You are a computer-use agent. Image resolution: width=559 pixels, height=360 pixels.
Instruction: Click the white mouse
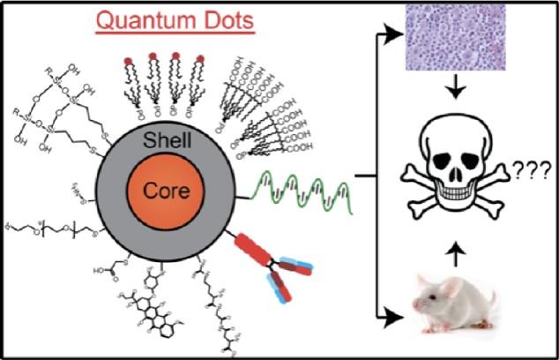[451, 305]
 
